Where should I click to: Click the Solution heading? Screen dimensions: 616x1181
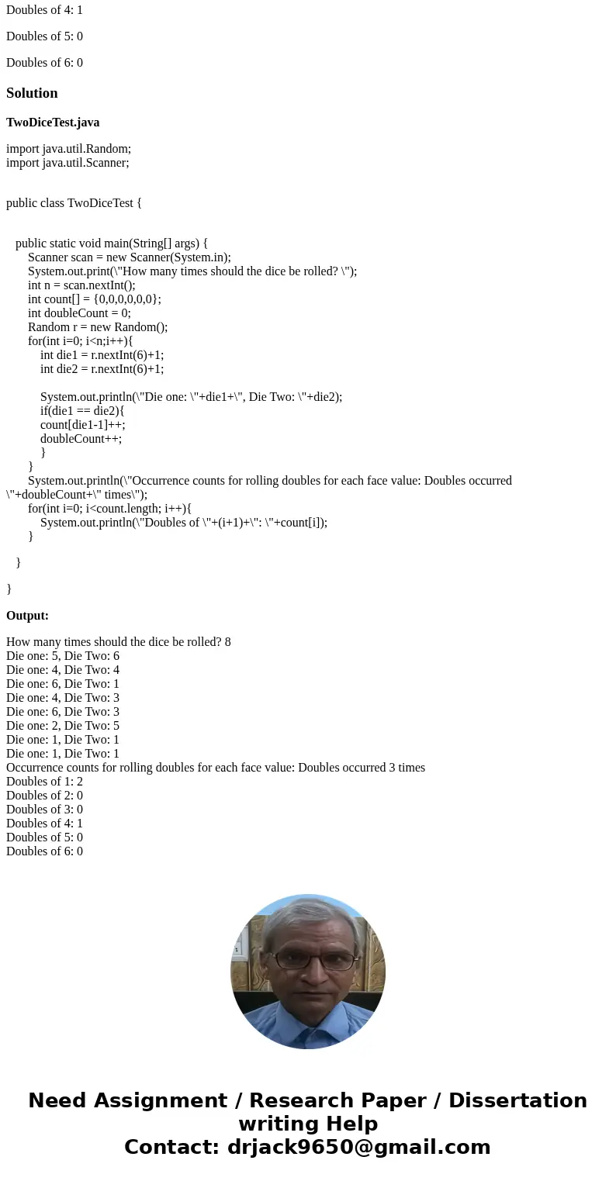tap(32, 93)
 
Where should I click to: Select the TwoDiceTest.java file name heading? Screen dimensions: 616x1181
tap(53, 123)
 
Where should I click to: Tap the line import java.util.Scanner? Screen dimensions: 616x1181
tap(67, 163)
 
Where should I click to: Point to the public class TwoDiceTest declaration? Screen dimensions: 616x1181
tap(74, 203)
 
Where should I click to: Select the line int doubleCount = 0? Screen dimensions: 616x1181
tap(79, 313)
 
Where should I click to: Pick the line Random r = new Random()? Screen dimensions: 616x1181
tap(98, 327)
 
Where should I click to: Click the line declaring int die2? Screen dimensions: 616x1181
tap(102, 369)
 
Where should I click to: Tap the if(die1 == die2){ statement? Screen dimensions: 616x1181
tap(82, 411)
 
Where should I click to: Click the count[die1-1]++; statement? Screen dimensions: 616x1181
tap(82, 425)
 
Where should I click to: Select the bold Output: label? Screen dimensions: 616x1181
tap(27, 616)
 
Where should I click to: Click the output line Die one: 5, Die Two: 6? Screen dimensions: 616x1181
tap(63, 656)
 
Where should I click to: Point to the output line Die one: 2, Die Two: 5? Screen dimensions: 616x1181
tap(63, 726)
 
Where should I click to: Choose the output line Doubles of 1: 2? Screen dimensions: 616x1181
tap(44, 782)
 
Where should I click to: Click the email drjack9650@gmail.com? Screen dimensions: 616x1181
tap(358, 1147)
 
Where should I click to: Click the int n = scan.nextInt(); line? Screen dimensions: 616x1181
tap(81, 285)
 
